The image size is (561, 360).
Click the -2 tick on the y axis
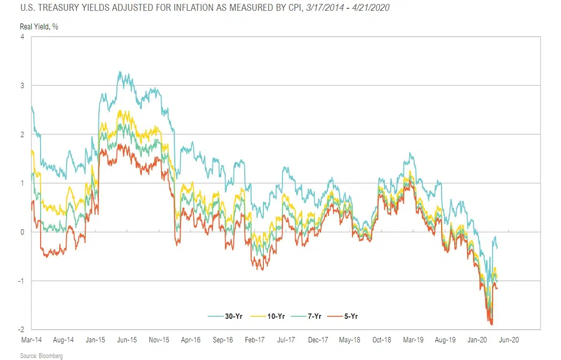coord(22,330)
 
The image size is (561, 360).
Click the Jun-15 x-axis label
coord(126,339)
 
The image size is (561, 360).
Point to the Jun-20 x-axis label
coord(509,339)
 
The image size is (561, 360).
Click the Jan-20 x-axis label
coord(477,339)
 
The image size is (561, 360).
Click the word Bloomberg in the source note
coord(51,356)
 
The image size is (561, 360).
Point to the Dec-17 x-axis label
coord(318,339)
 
